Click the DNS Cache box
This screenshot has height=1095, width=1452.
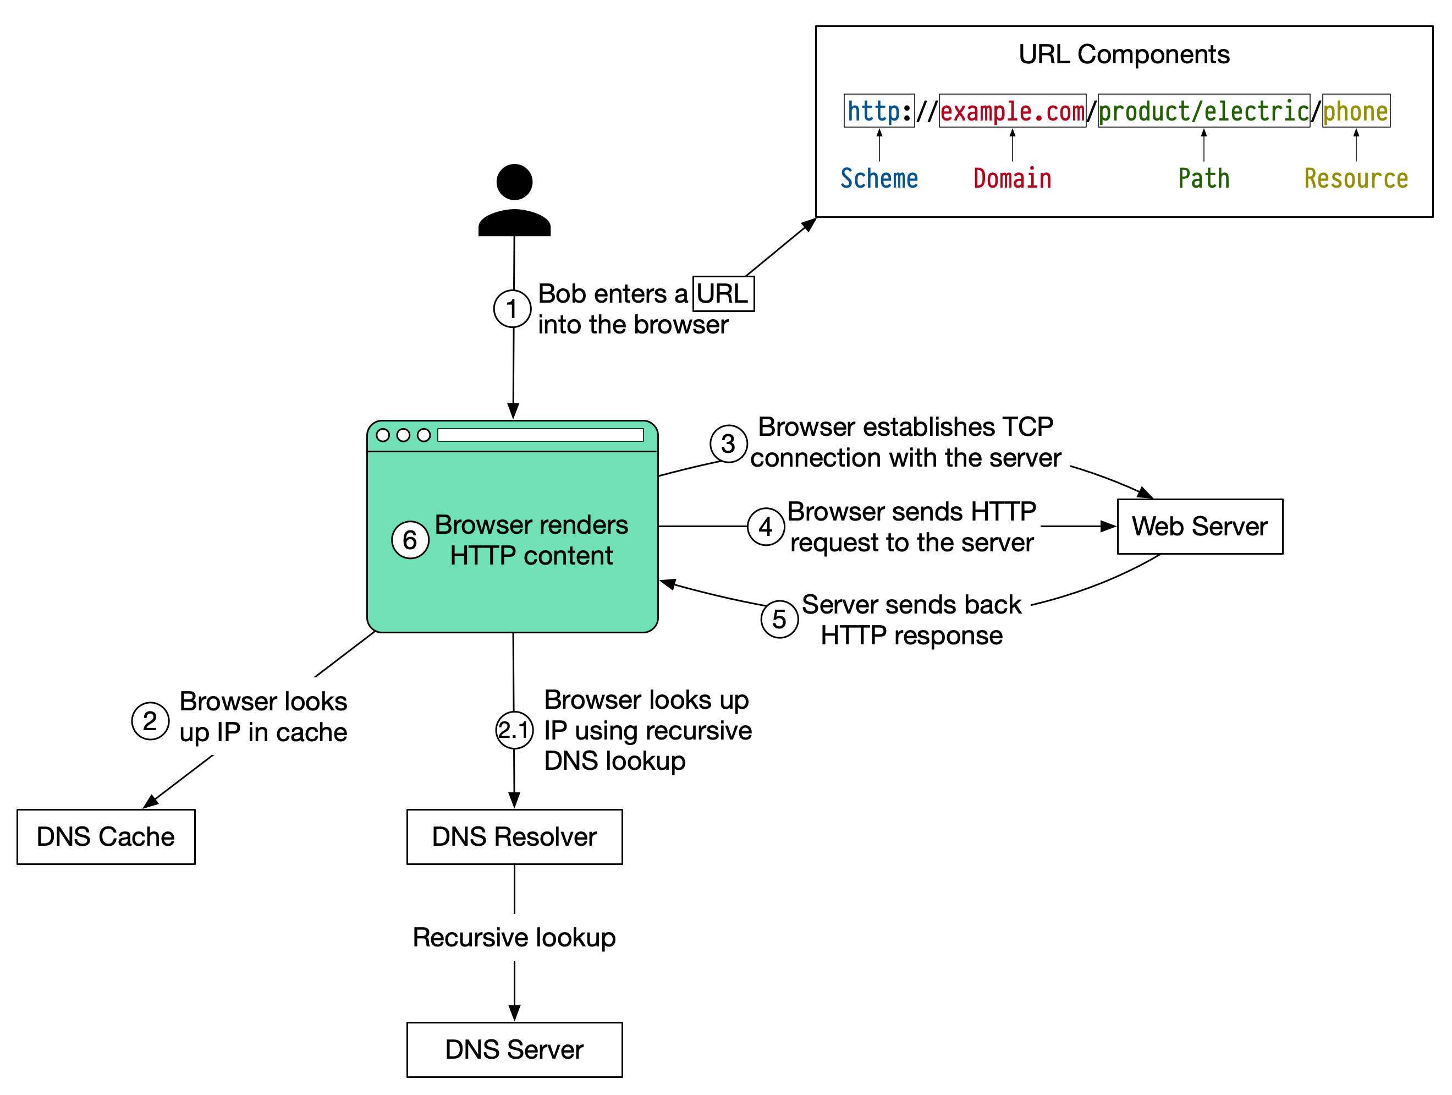click(x=106, y=836)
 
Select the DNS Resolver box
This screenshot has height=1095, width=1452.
click(x=514, y=836)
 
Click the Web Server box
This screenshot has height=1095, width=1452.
click(x=1200, y=526)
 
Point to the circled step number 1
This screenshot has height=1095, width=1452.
click(x=512, y=308)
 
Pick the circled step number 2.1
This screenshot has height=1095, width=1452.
click(x=514, y=730)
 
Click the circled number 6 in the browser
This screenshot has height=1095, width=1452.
click(x=410, y=540)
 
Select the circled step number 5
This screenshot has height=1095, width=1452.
click(x=779, y=619)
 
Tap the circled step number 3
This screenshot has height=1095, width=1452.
click(x=728, y=444)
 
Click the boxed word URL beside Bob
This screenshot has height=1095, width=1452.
click(x=723, y=294)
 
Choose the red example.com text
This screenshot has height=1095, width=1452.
click(x=1011, y=111)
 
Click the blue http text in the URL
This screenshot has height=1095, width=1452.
click(x=874, y=111)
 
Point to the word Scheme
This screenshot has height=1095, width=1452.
click(x=879, y=178)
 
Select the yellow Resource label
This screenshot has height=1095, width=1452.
click(x=1356, y=178)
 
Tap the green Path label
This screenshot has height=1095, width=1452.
click(x=1203, y=178)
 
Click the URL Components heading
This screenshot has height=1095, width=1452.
click(x=1124, y=54)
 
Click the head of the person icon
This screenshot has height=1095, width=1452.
click(x=514, y=182)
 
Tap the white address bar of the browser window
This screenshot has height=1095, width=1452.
click(x=540, y=435)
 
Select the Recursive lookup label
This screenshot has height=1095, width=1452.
click(x=514, y=937)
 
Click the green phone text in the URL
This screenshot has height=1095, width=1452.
click(x=1356, y=111)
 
